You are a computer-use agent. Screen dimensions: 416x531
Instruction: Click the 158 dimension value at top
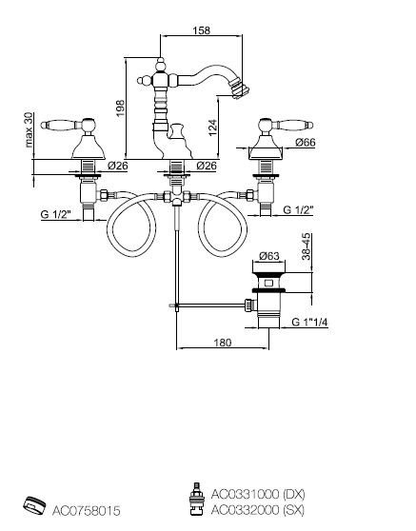(x=201, y=30)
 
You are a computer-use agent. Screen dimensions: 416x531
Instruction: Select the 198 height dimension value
(x=121, y=108)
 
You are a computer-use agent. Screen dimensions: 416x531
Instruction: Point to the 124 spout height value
(x=212, y=128)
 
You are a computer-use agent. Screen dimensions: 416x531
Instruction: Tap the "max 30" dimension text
(x=30, y=129)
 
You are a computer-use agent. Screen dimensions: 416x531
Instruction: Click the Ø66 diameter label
(x=305, y=142)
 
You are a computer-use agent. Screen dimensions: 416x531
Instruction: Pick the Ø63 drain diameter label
(x=269, y=256)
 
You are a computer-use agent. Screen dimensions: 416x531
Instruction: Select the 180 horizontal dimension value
(x=223, y=343)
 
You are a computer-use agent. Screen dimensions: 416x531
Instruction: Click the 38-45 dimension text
(x=306, y=246)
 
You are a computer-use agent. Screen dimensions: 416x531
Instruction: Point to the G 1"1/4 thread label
(x=309, y=322)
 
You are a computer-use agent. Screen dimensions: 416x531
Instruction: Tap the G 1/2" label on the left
(x=56, y=214)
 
